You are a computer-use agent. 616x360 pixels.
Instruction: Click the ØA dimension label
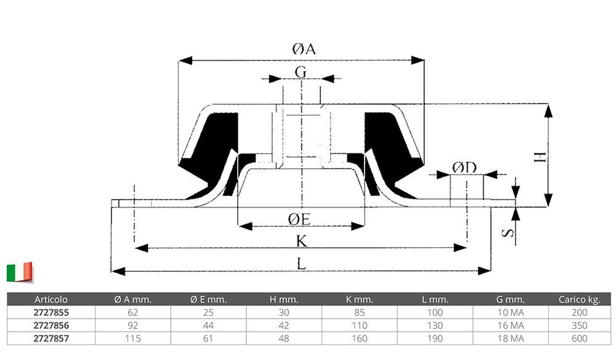point(302,49)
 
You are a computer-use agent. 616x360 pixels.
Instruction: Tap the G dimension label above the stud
point(301,72)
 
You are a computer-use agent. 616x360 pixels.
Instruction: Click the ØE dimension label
point(302,218)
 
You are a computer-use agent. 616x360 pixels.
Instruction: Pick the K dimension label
point(302,241)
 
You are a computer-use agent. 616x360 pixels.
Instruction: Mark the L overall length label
point(301,264)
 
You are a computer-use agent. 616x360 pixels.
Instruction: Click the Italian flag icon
point(19,272)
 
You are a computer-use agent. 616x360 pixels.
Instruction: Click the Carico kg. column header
point(579,300)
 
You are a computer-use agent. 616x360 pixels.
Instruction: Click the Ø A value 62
point(132,313)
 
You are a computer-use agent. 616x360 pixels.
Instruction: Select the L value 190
point(435,338)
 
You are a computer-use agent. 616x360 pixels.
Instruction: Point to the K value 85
point(360,313)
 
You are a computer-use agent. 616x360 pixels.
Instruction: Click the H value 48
point(284,338)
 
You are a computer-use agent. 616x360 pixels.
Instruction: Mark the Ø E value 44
point(209,325)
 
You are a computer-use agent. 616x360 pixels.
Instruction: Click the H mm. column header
point(284,300)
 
